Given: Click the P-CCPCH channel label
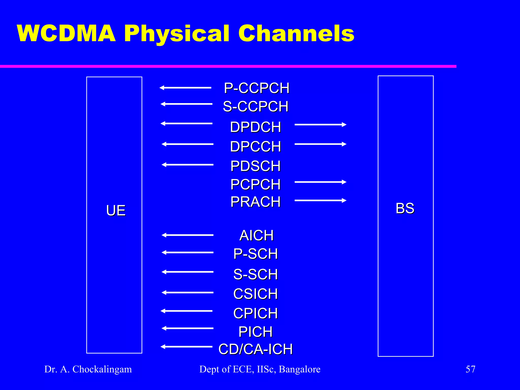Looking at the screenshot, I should pos(256,88).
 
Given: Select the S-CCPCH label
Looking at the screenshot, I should pos(256,106).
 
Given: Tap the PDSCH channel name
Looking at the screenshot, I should pos(255,166).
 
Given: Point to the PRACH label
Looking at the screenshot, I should pos(255,202).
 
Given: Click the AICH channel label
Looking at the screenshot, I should pos(256,235).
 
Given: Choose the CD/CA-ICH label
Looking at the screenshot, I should pos(255,349).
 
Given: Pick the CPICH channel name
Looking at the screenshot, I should pos(255,313).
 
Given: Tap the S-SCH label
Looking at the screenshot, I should pos(255,274).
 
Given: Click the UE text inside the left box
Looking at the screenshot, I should pos(116,210).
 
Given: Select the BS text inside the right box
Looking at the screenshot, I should pos(405,208).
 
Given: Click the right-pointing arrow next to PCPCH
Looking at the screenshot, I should pos(320,182).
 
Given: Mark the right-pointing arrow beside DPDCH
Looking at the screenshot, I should pos(320,124).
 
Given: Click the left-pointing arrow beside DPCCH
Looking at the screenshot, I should pos(187,144).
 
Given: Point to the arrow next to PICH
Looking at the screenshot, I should pos(187,328).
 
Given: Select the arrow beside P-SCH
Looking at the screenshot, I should pos(187,252).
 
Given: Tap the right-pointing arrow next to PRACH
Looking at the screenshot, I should pos(320,201).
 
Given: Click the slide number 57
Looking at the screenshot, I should pos(470,369).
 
